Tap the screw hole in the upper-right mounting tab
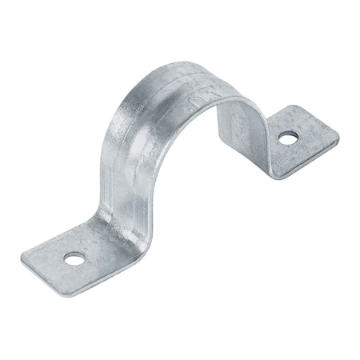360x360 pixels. (x=285, y=138)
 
